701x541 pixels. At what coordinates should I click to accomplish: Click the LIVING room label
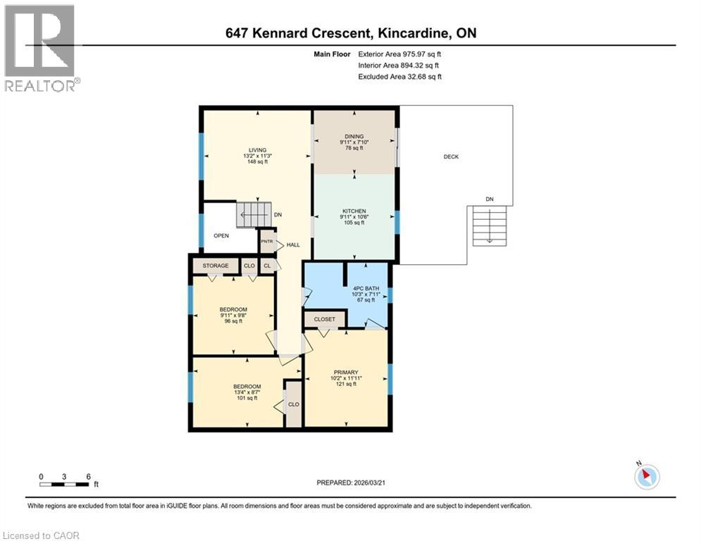(x=247, y=149)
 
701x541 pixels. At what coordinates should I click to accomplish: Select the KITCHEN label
(x=353, y=211)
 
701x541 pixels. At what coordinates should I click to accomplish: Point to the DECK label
(x=451, y=156)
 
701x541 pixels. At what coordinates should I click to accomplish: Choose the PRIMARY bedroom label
(x=346, y=373)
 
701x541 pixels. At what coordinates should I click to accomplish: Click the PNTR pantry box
(x=267, y=241)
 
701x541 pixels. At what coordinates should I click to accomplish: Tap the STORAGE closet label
(x=216, y=266)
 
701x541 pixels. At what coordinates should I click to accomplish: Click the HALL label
(x=293, y=245)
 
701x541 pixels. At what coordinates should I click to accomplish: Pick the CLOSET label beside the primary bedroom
(x=325, y=319)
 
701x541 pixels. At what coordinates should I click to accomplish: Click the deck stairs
(x=489, y=225)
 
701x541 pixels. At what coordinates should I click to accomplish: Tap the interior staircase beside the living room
(x=253, y=214)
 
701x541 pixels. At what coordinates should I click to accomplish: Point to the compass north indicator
(x=646, y=475)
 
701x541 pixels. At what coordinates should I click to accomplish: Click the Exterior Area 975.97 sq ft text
(x=400, y=54)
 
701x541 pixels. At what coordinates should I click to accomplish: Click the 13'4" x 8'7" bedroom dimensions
(x=247, y=392)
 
